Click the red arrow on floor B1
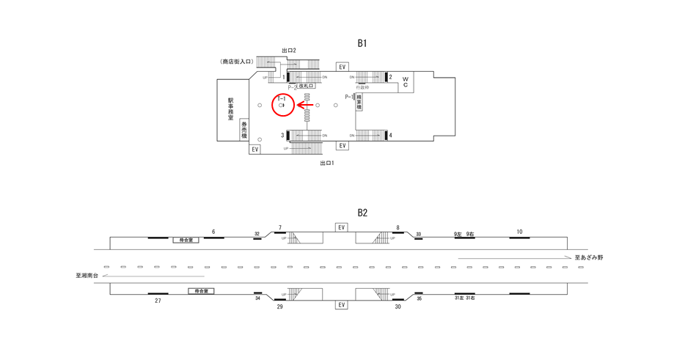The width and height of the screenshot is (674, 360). click(x=305, y=106)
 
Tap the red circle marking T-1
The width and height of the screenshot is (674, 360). click(x=283, y=106)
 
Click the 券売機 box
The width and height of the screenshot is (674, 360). click(x=244, y=129)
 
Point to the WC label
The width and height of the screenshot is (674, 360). click(x=404, y=81)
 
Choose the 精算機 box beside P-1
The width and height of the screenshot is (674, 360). click(x=359, y=100)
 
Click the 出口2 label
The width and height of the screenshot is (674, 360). click(x=289, y=51)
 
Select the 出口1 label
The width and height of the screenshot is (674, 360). click(x=326, y=163)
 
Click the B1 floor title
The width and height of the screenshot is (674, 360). click(x=362, y=43)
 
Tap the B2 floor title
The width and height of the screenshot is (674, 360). click(x=362, y=213)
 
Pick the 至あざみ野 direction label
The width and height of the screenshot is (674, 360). click(x=588, y=258)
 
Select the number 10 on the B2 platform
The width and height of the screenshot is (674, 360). click(x=519, y=232)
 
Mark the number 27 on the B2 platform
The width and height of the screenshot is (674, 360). click(x=158, y=301)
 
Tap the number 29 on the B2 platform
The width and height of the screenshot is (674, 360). click(x=279, y=306)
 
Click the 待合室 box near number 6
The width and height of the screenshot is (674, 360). click(x=186, y=240)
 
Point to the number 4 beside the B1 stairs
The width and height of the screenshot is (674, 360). click(x=391, y=135)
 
